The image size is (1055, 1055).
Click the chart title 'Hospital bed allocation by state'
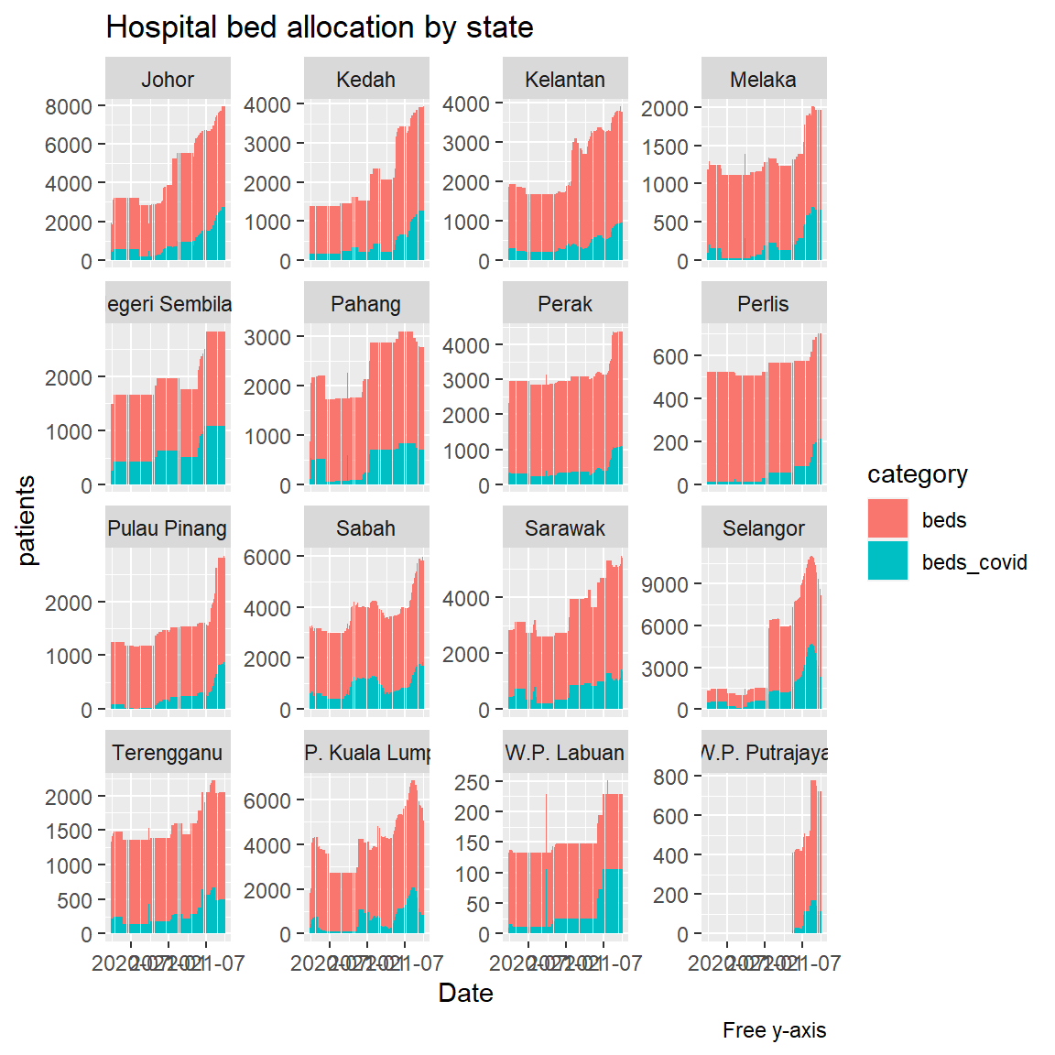coord(320,27)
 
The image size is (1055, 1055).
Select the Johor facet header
coord(168,80)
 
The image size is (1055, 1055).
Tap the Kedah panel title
coord(366,80)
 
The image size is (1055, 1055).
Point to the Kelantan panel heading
coord(565,80)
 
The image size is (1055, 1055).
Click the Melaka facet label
coord(764,80)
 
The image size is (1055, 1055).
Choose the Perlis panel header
coord(764,304)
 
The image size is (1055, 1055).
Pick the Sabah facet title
coord(366,528)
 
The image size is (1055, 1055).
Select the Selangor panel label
coord(764,528)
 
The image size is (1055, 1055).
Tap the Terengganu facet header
coord(168,753)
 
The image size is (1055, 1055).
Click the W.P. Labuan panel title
coord(565,753)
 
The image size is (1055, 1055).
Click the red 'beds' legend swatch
coord(887,519)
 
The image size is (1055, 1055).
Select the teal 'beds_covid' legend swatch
coord(887,561)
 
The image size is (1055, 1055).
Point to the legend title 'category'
coord(918,474)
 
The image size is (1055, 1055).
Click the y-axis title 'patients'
coord(27,520)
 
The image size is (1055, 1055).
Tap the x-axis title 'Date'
coord(465,994)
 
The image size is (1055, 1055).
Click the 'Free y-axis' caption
coord(774,1030)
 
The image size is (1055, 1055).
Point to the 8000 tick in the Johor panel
coord(69,106)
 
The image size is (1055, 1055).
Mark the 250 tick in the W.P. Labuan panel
coord(473,782)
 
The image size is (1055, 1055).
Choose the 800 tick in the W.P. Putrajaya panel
coord(670,777)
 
